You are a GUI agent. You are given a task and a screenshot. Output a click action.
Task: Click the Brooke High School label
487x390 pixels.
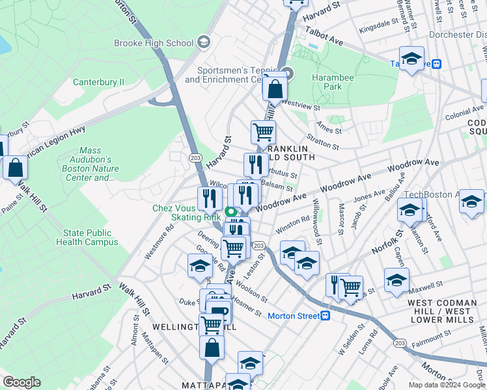coord(154,43)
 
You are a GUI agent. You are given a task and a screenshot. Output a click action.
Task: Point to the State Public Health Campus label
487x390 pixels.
coord(91,237)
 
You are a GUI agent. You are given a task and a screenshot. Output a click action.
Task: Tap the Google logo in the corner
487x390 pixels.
coord(21,382)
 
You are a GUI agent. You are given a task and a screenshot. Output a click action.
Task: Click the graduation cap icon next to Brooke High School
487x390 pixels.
coord(203,43)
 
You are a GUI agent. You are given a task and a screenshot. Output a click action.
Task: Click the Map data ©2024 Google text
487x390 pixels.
coord(447,385)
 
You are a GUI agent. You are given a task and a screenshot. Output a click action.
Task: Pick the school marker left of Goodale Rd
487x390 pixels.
coord(200,266)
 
